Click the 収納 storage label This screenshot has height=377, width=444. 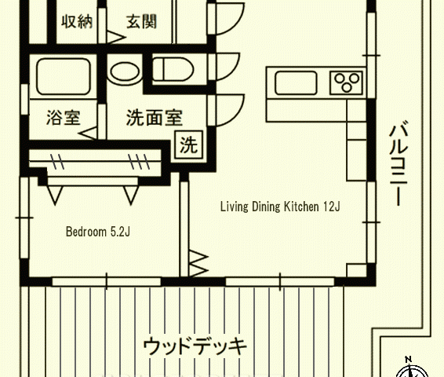pyautogui.click(x=77, y=21)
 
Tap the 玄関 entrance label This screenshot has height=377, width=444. pyautogui.click(x=141, y=21)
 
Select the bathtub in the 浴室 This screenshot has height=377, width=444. pyautogui.click(x=64, y=76)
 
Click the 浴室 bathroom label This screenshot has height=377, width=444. pyautogui.click(x=64, y=118)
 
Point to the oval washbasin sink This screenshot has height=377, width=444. pyautogui.click(x=125, y=72)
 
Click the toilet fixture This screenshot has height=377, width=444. pyautogui.click(x=173, y=69)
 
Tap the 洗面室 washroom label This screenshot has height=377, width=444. pyautogui.click(x=155, y=118)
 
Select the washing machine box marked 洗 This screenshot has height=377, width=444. pyautogui.click(x=188, y=145)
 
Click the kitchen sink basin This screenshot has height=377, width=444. pyautogui.click(x=296, y=82)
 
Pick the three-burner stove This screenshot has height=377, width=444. pyautogui.click(x=346, y=82)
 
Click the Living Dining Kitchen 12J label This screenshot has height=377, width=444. pyautogui.click(x=280, y=207)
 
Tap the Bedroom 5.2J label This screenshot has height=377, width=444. pyautogui.click(x=98, y=232)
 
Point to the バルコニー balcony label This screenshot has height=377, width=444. pyautogui.click(x=399, y=163)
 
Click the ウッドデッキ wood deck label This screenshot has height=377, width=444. pyautogui.click(x=195, y=346)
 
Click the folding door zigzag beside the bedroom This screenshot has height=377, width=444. pyautogui.click(x=198, y=263)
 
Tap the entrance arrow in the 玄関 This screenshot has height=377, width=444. pyautogui.click(x=116, y=38)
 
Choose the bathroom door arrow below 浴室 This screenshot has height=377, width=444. pyautogui.click(x=88, y=134)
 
